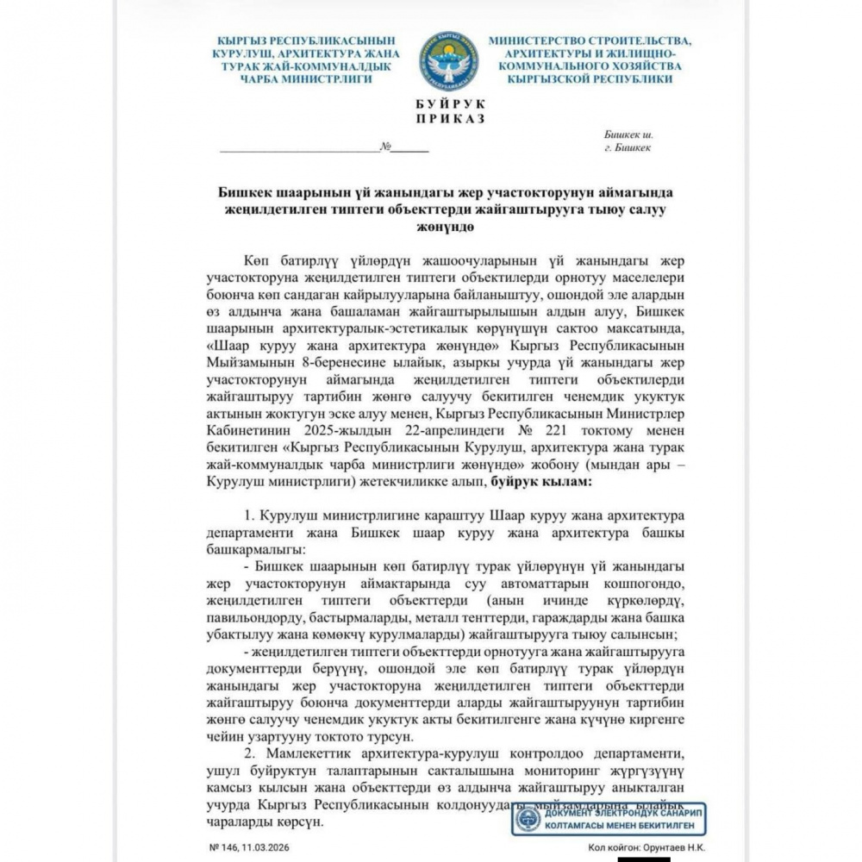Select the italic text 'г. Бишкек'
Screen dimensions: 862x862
point(628,147)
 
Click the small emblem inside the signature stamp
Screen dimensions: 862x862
point(527,819)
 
